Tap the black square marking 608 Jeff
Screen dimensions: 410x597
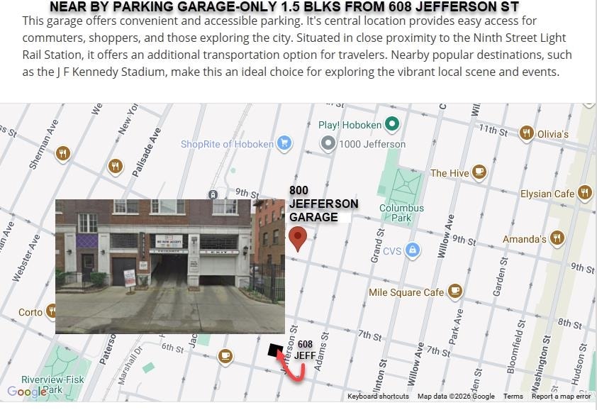pyautogui.click(x=274, y=350)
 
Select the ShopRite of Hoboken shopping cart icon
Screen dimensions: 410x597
pyautogui.click(x=284, y=143)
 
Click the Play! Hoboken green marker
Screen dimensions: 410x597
pyautogui.click(x=391, y=125)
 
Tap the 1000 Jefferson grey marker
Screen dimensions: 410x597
pyautogui.click(x=328, y=144)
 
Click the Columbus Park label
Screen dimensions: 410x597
pyautogui.click(x=401, y=213)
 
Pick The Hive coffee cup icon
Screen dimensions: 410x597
pyautogui.click(x=479, y=172)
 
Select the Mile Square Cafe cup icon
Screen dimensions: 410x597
pyautogui.click(x=454, y=292)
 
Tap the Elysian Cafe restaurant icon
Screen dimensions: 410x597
pyautogui.click(x=585, y=193)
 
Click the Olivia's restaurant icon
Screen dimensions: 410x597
pyautogui.click(x=526, y=133)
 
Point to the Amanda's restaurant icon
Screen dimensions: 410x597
pyautogui.click(x=557, y=239)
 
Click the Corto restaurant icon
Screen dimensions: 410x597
pyautogui.click(x=52, y=311)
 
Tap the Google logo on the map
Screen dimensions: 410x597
pyautogui.click(x=27, y=392)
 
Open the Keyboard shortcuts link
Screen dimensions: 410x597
pyautogui.click(x=378, y=397)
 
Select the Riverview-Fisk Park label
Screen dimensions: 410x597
pyautogui.click(x=52, y=384)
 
